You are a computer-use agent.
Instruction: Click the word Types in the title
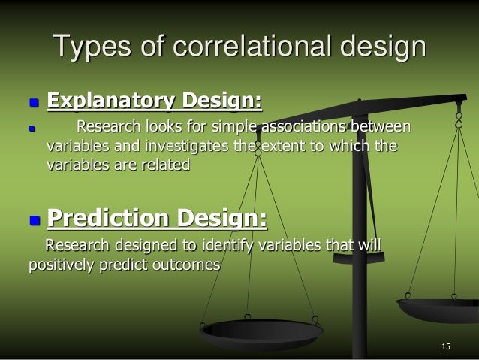click(92, 47)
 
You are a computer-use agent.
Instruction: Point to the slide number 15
click(446, 346)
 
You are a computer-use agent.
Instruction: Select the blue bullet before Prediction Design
click(32, 220)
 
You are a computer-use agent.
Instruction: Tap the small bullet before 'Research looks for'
click(32, 129)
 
